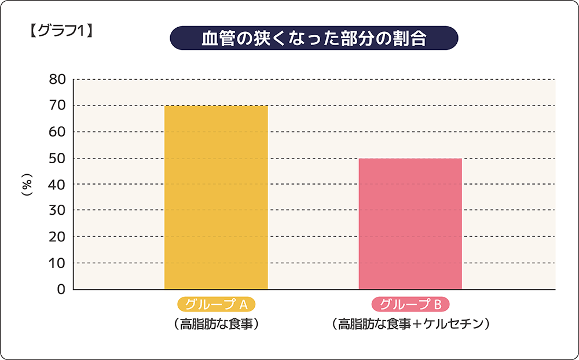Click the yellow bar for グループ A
pyautogui.click(x=216, y=197)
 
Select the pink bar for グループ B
pyautogui.click(x=410, y=223)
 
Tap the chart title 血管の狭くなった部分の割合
pyautogui.click(x=314, y=39)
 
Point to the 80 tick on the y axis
pyautogui.click(x=57, y=79)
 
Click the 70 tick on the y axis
pyautogui.click(x=57, y=105)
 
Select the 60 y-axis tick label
pyautogui.click(x=57, y=132)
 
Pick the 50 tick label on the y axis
pyautogui.click(x=57, y=158)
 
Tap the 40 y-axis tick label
pyautogui.click(x=57, y=184)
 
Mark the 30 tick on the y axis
pyautogui.click(x=57, y=210)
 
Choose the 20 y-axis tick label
pyautogui.click(x=57, y=237)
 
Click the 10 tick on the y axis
pyautogui.click(x=57, y=263)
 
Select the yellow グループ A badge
pyautogui.click(x=216, y=304)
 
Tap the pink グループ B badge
pyautogui.click(x=410, y=304)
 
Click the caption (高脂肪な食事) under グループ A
pyautogui.click(x=216, y=324)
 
